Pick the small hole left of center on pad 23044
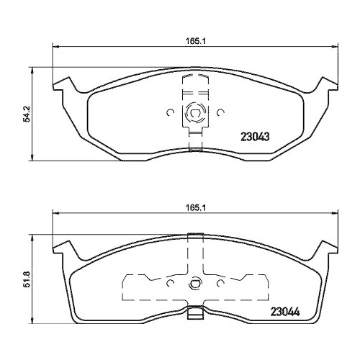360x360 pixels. pyautogui.click(x=170, y=283)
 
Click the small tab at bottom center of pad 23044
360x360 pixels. pyautogui.click(x=194, y=315)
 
